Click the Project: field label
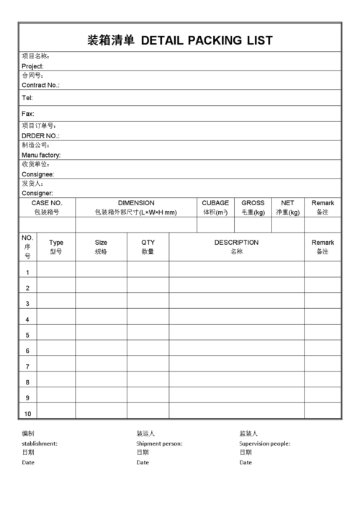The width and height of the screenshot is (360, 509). tap(32, 66)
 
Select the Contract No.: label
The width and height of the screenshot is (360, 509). tap(40, 85)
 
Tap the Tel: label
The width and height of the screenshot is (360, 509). tap(27, 98)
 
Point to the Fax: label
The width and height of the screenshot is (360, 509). tap(27, 114)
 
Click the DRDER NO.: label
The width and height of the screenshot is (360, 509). tap(40, 135)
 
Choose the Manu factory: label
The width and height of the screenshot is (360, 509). tap(41, 155)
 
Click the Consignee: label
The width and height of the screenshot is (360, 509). tap(37, 174)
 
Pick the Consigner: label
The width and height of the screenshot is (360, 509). tap(37, 193)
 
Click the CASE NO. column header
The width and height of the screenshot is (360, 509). tap(47, 203)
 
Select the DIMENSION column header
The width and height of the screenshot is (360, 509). tap(136, 203)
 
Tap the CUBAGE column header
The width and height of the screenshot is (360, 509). tap(215, 203)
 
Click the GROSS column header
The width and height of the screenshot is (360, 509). tap(253, 203)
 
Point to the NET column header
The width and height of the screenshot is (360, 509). tap(287, 203)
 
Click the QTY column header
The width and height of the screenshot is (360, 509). tap(148, 243)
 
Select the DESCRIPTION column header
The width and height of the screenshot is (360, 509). tap(236, 243)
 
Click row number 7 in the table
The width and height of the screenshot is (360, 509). tap(27, 366)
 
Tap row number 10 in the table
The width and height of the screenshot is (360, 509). tap(27, 414)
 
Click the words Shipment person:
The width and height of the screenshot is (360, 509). tap(159, 443)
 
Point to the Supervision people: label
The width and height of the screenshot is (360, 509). tap(265, 443)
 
